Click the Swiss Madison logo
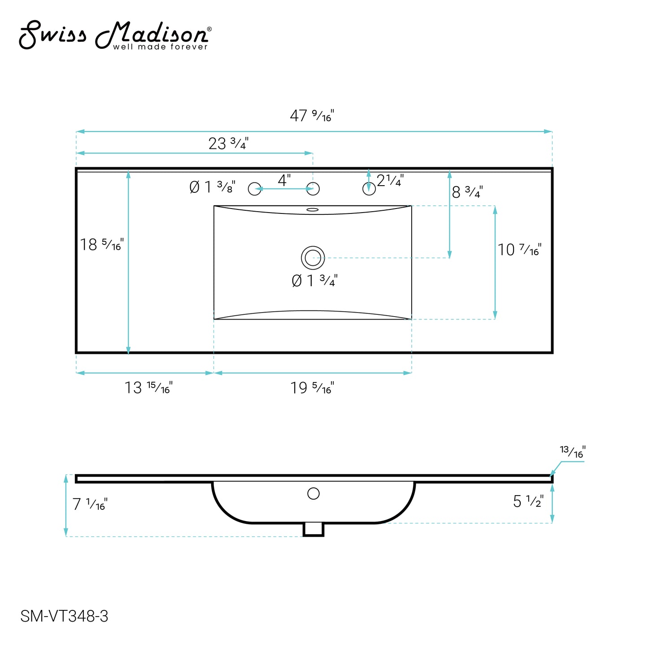(x=115, y=35)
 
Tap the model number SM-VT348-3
(x=64, y=616)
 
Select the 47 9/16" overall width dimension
(x=312, y=116)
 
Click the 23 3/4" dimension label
(x=228, y=144)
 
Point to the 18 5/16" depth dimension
(x=101, y=245)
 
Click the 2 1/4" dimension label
(x=390, y=180)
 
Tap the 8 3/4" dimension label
(x=467, y=192)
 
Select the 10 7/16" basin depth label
(x=519, y=250)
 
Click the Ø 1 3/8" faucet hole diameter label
(x=212, y=187)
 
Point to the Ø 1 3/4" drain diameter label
(x=314, y=281)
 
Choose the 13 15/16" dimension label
(x=148, y=387)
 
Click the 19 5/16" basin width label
(x=312, y=387)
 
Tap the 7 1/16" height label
(x=90, y=504)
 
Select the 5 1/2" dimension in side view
(x=528, y=501)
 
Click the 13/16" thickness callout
(x=573, y=452)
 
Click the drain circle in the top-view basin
(x=313, y=258)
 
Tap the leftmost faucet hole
(x=255, y=189)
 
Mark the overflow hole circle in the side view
(x=313, y=494)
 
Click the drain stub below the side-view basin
(x=313, y=530)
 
